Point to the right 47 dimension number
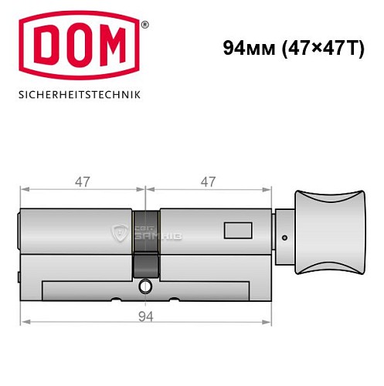coord(208,182)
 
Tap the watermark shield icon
coord(121,233)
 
